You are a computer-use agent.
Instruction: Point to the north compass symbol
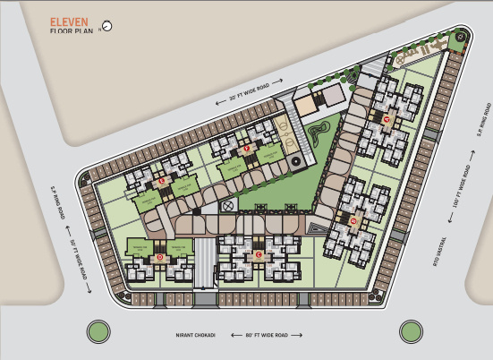[108, 26]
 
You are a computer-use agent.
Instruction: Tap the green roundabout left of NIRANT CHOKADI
[98, 332]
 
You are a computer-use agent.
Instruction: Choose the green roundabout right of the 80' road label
[411, 332]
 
